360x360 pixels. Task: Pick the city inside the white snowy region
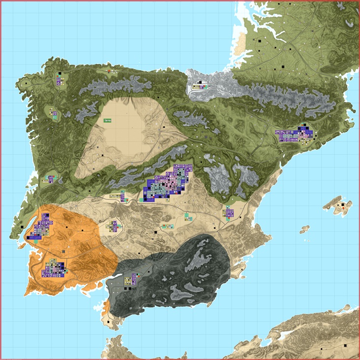pos(200,86)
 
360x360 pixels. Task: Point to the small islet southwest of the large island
pos(305,229)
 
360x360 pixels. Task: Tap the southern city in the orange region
pos(53,269)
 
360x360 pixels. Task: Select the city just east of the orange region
pos(113,226)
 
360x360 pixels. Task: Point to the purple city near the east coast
pos(229,213)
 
